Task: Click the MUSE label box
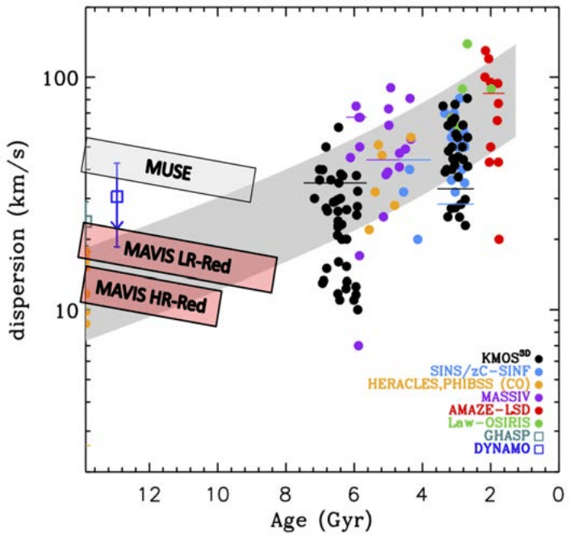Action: click(169, 169)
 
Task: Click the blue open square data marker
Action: click(117, 196)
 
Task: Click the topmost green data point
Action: click(467, 44)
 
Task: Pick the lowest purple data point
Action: click(358, 345)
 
